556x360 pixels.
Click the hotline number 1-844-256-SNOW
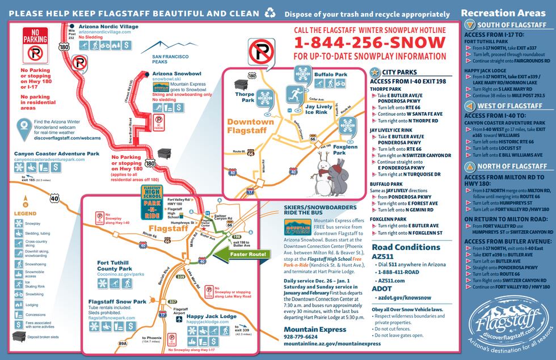[369, 43]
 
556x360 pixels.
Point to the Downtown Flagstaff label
[250, 125]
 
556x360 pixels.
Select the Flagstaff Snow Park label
[117, 302]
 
